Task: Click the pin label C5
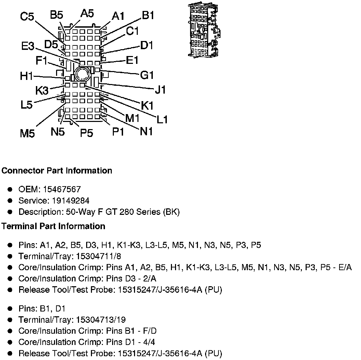point(27,16)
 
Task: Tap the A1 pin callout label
point(118,16)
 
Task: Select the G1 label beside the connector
point(147,75)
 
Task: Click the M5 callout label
point(27,133)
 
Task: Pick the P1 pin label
point(118,132)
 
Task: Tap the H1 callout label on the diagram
point(26,76)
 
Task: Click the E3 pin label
point(27,46)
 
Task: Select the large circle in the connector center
point(82,74)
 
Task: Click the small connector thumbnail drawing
point(204,30)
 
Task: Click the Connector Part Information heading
point(57,170)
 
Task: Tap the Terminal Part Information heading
point(53,226)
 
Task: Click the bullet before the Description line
point(11,212)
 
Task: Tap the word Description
point(40,212)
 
